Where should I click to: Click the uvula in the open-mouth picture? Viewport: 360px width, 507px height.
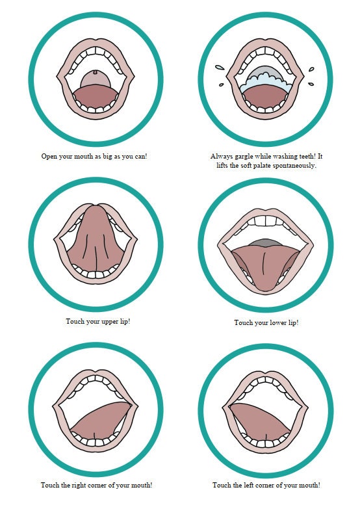[x=96, y=73]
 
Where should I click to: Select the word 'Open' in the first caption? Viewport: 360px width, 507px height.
[x=50, y=156]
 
